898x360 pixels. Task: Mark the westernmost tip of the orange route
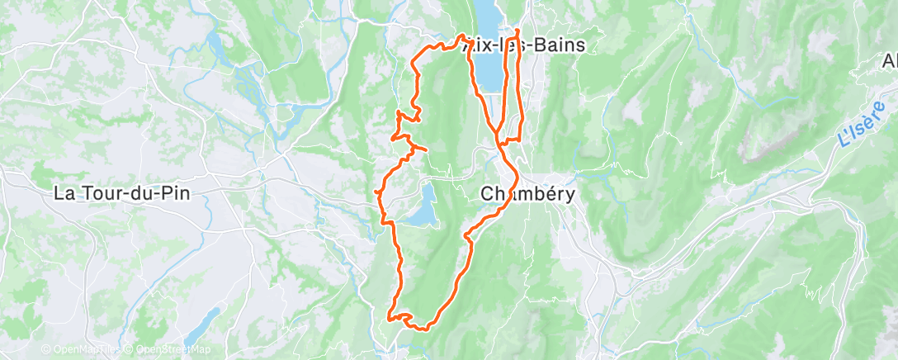coord(376,192)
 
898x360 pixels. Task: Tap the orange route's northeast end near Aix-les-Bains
coord(517,31)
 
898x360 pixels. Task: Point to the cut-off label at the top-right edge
coord(890,62)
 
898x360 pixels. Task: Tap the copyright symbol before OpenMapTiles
coord(46,349)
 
